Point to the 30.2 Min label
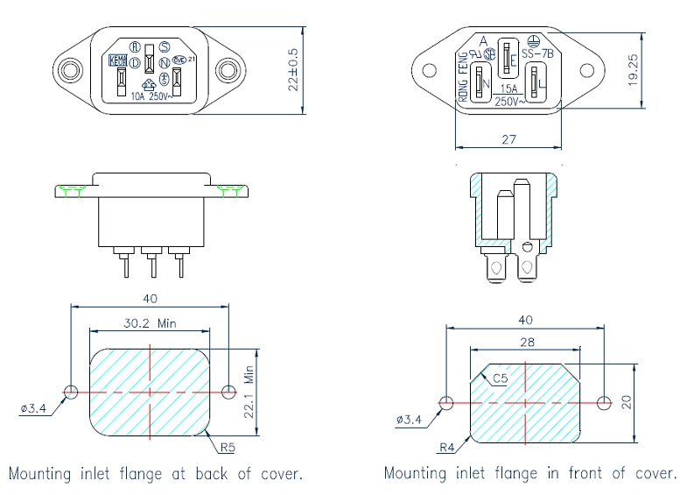[x=149, y=323]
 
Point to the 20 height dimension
[x=627, y=402]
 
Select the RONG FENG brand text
[x=463, y=77]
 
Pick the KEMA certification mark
[x=116, y=60]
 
